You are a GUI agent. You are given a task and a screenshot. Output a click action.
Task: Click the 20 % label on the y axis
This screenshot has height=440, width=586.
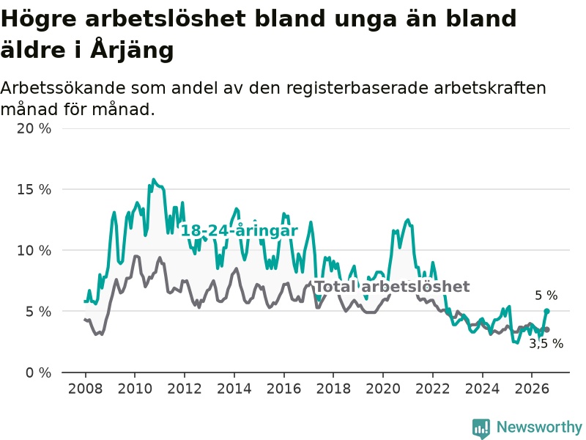(34, 129)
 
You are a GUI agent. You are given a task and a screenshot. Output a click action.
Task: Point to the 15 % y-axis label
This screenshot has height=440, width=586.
(34, 190)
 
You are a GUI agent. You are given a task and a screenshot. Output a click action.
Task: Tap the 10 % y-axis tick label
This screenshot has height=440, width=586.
(34, 251)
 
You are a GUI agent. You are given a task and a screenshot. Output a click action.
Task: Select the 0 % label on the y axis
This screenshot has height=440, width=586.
(39, 373)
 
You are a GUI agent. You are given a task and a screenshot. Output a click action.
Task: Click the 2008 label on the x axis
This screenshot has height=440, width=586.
(85, 389)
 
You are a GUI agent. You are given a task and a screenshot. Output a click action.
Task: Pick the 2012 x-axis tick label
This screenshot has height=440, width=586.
(185, 389)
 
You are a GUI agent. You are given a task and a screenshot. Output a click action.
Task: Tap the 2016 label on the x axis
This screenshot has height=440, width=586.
(283, 389)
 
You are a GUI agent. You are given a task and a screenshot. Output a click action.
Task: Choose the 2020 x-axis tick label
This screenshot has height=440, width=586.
(383, 389)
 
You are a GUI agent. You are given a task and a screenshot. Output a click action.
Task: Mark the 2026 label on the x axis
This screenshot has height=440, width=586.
(532, 389)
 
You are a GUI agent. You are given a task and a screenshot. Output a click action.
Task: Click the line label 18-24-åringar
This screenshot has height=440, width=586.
(240, 231)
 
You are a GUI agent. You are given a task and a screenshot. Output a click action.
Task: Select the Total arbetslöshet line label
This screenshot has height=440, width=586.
(393, 287)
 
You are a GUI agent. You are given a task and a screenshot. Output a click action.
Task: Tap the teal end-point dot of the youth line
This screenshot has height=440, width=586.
(546, 311)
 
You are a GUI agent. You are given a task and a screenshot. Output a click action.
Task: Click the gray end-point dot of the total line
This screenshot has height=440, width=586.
(546, 329)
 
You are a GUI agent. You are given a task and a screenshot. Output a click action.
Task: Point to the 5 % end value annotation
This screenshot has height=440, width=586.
(546, 296)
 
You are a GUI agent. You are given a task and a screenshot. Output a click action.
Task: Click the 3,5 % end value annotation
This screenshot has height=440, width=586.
(546, 343)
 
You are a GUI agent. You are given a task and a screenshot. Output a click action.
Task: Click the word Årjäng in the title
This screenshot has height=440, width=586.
(132, 49)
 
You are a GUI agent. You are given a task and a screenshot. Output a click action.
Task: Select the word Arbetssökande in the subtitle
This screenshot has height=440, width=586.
(63, 88)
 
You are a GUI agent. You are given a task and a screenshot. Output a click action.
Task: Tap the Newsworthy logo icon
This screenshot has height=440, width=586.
(481, 428)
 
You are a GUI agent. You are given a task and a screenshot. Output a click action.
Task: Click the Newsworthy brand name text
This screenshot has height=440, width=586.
(539, 427)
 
